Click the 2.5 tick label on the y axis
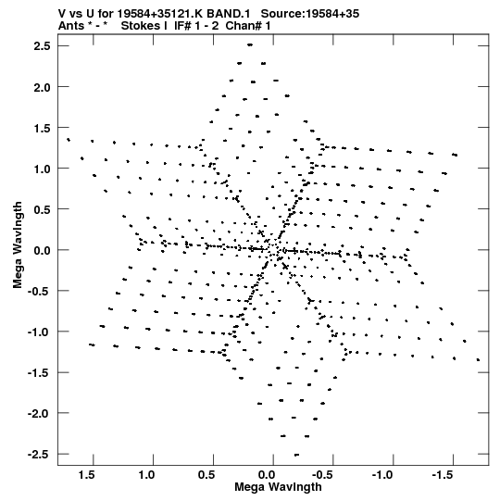pyautogui.click(x=42, y=46)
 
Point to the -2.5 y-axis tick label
pyautogui.click(x=39, y=454)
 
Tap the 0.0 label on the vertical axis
pyautogui.click(x=42, y=250)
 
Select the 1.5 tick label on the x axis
pyautogui.click(x=87, y=475)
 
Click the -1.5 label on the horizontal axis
pyautogui.click(x=444, y=475)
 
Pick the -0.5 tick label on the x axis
pyautogui.click(x=323, y=475)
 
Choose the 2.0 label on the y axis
pyautogui.click(x=42, y=87)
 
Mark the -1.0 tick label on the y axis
pyautogui.click(x=39, y=332)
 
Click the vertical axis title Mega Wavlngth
pyautogui.click(x=18, y=245)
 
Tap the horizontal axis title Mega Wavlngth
pyautogui.click(x=278, y=487)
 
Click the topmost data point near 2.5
pyautogui.click(x=250, y=45)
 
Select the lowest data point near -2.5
pyautogui.click(x=297, y=455)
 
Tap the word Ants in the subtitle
pyautogui.click(x=71, y=26)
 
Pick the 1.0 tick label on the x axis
pyautogui.click(x=146, y=475)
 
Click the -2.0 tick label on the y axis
pyautogui.click(x=39, y=413)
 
